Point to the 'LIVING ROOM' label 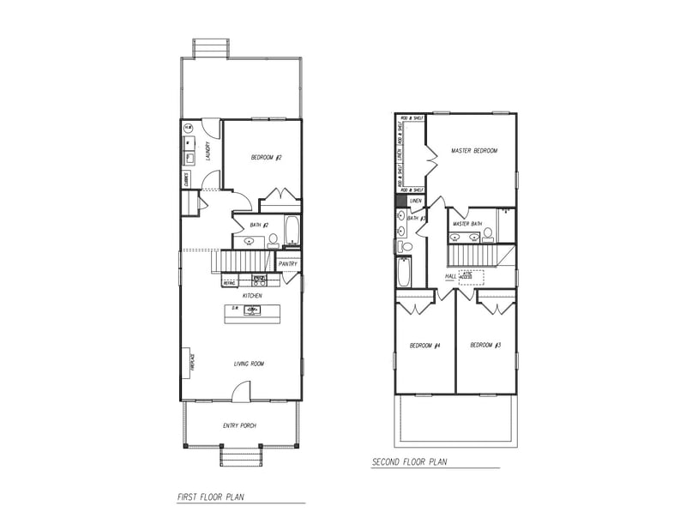(x=249, y=364)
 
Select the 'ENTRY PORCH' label (x=239, y=426)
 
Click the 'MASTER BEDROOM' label (x=474, y=151)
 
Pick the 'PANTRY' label (x=287, y=264)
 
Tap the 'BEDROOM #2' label (x=267, y=158)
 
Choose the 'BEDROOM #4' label (x=424, y=346)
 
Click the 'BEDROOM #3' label (x=485, y=346)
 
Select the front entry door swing (x=240, y=391)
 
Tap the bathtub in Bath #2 (x=292, y=230)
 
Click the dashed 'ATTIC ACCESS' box (x=471, y=277)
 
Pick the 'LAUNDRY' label (x=209, y=152)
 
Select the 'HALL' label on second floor (x=451, y=276)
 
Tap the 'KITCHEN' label (x=251, y=296)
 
